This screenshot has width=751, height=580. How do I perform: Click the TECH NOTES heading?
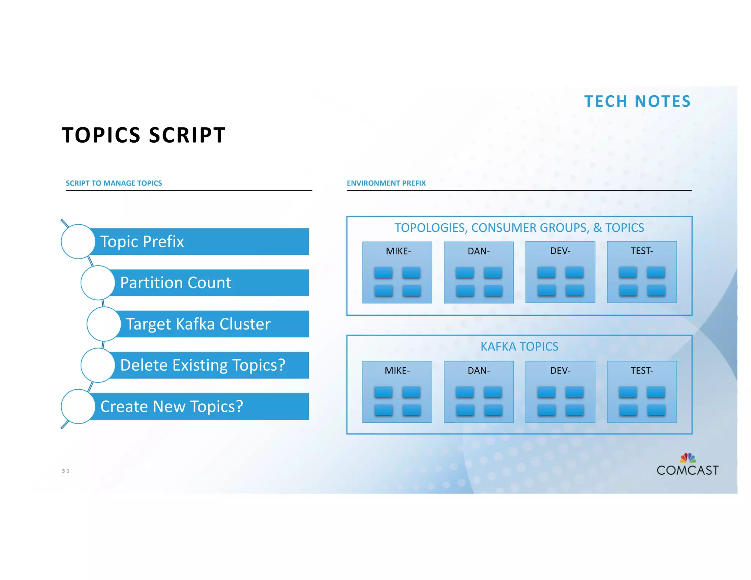point(637,102)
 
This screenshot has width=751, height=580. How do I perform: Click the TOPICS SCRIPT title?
point(144,135)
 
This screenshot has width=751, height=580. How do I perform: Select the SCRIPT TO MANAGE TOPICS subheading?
point(114,183)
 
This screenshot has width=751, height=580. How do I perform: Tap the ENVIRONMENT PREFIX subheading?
point(386,183)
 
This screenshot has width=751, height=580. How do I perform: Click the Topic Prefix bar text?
point(142,242)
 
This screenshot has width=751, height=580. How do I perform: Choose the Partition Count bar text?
point(176,283)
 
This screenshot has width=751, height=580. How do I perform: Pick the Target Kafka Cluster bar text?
point(198,324)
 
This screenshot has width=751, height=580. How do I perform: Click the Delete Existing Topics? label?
point(202,365)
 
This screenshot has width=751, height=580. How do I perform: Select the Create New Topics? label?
point(172,407)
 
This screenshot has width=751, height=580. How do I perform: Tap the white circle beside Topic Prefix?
point(78,242)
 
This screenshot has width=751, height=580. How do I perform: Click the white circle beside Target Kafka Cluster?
point(104,324)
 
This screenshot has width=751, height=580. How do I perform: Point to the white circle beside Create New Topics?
point(78,407)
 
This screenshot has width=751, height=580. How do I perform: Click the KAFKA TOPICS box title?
point(519,346)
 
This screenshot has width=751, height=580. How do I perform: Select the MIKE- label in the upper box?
point(398,251)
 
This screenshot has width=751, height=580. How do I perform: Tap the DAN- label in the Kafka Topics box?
point(479,371)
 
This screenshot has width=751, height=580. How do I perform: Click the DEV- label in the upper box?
point(560,251)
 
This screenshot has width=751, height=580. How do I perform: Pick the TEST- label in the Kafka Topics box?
point(641,371)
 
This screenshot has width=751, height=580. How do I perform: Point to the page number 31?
point(66,471)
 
